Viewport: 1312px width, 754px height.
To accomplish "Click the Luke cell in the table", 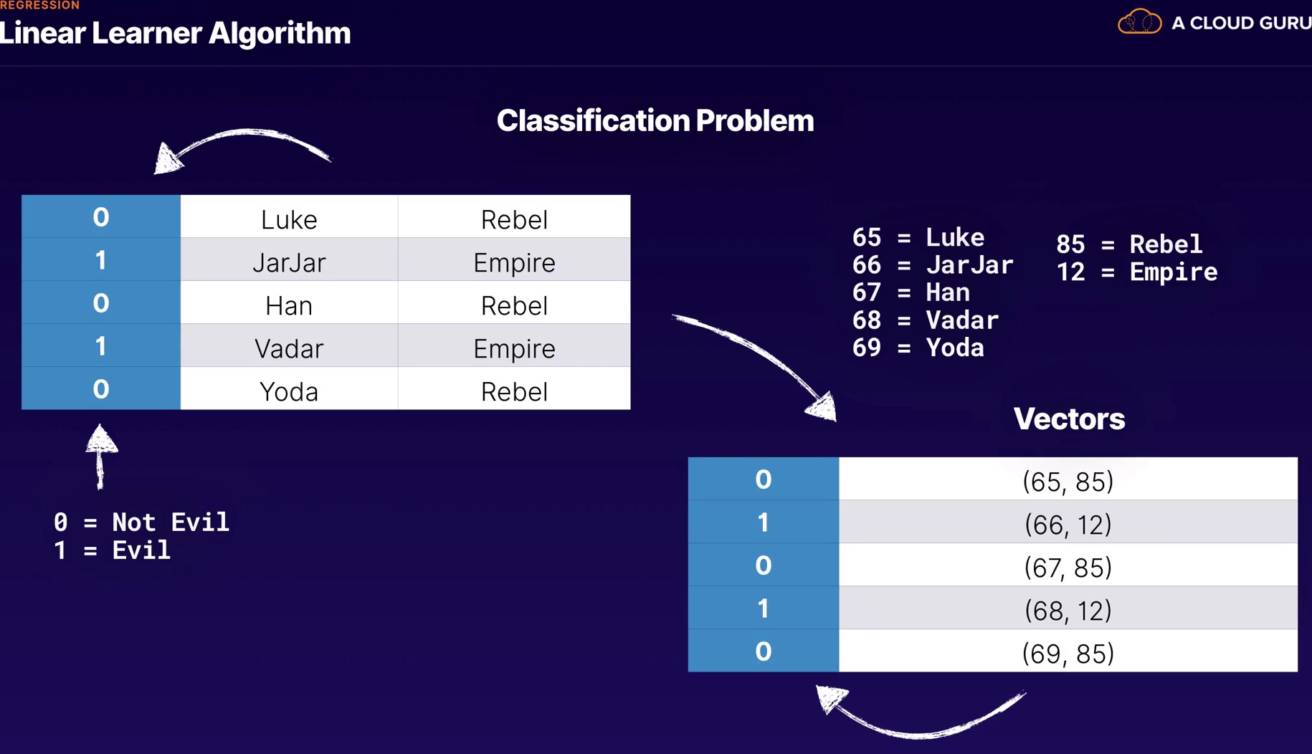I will click(x=289, y=219).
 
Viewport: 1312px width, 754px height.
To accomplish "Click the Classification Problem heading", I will click(x=655, y=120).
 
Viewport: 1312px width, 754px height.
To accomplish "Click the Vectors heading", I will click(x=1068, y=419).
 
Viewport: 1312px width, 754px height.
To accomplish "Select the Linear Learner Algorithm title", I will click(x=176, y=33).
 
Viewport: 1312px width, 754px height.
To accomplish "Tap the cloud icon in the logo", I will click(x=1139, y=22).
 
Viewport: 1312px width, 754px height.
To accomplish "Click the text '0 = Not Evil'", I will click(x=141, y=522).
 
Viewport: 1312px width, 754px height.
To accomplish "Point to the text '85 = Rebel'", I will click(x=1128, y=244).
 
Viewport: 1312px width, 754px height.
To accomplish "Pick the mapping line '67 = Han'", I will click(x=911, y=292).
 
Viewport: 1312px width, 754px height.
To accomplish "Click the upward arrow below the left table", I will click(x=101, y=456).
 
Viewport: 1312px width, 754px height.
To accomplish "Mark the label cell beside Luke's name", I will click(x=101, y=216).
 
